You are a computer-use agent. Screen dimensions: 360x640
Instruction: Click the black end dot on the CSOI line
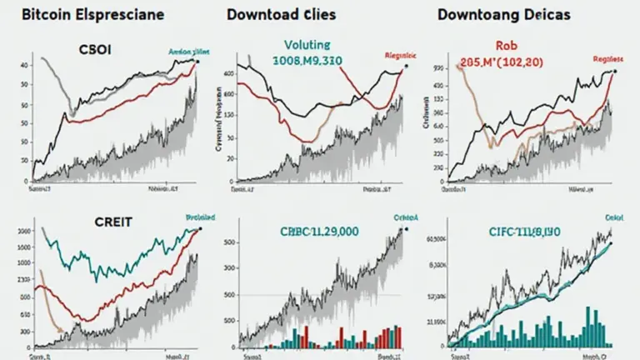197,61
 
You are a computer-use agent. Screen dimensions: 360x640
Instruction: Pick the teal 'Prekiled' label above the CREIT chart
198,217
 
